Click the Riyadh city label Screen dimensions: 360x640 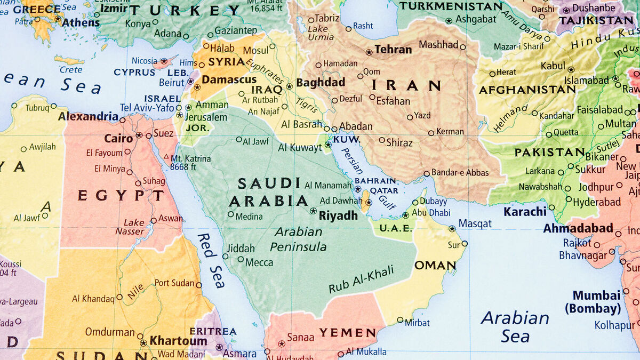(338, 215)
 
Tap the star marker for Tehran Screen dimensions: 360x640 (369, 52)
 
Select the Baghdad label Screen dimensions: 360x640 (321, 83)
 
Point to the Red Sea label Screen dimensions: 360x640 (210, 254)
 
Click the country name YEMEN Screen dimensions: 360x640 (348, 333)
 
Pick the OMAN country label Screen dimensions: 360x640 (435, 265)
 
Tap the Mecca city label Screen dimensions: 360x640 (259, 262)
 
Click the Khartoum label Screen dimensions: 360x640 (178, 340)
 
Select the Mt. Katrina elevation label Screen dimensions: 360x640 (190, 163)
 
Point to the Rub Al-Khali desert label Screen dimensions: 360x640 (361, 279)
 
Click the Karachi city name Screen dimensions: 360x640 (525, 211)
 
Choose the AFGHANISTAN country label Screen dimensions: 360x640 (527, 90)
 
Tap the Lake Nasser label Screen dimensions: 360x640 (134, 227)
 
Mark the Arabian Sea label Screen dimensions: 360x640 (515, 326)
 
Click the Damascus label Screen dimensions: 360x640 (229, 79)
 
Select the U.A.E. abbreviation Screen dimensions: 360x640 (395, 228)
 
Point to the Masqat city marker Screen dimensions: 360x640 (452, 228)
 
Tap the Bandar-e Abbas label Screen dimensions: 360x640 (459, 172)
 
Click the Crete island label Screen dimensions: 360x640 (71, 69)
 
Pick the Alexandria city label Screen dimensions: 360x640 (88, 116)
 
